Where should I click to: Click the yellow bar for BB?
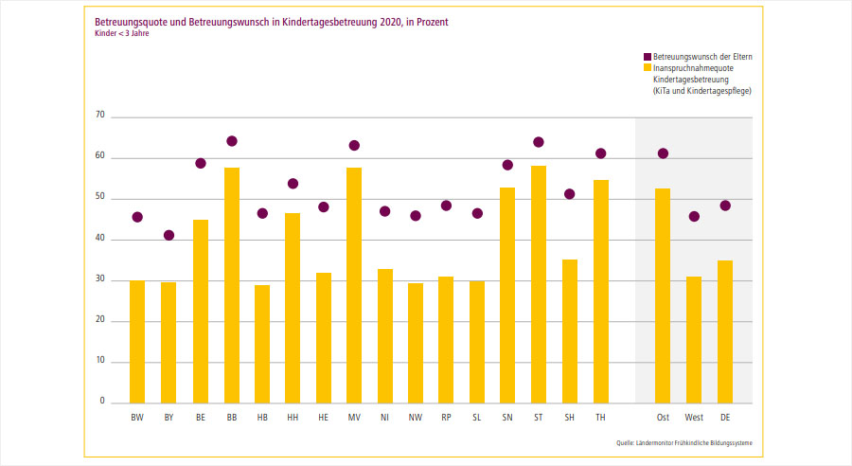coord(232,285)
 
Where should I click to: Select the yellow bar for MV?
coord(354,285)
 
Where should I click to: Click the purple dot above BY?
coord(169,235)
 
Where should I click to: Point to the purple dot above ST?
coord(539,142)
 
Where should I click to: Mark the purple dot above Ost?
coord(663,153)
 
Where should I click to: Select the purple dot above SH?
coord(569,194)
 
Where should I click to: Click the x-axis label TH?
coord(600,417)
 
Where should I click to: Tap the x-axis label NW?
coord(416,417)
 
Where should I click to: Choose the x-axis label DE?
coord(725,417)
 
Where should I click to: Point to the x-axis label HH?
coord(293,417)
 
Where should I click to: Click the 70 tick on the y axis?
coord(98,116)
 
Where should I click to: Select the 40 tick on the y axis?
coord(98,239)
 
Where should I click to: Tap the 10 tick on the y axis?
coord(98,361)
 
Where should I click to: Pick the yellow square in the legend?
coord(647,68)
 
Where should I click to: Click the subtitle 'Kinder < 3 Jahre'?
coord(122,33)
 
